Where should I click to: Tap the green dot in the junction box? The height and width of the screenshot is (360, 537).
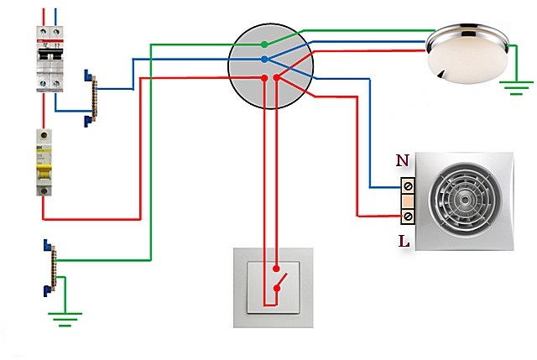point(264,44)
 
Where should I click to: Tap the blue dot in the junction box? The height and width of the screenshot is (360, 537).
point(264,60)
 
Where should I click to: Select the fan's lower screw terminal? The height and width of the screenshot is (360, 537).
point(408,217)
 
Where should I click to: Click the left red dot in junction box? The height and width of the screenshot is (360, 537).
point(265,78)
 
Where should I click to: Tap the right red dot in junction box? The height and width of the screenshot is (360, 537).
point(276,78)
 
